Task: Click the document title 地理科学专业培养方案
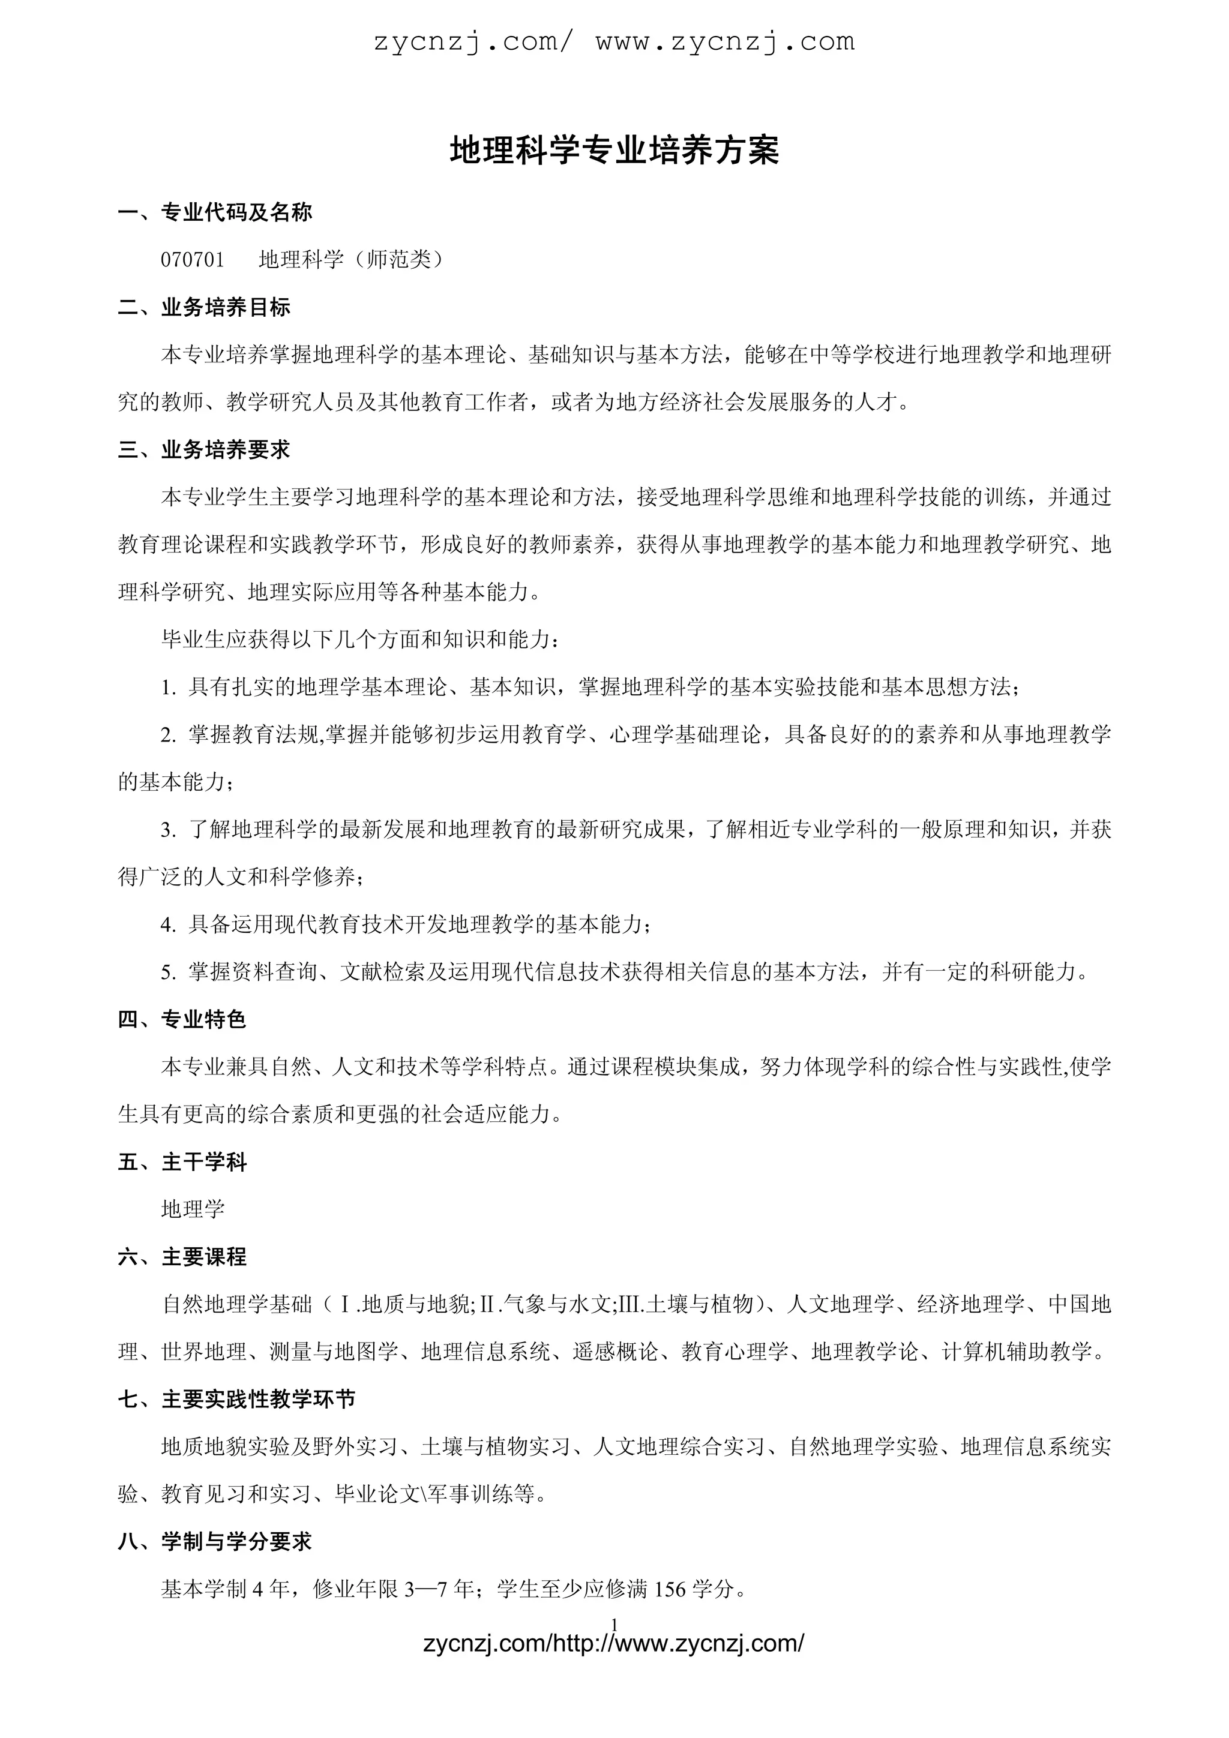point(614,151)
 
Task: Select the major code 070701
point(193,260)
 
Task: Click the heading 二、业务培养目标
point(205,307)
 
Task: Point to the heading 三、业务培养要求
point(205,449)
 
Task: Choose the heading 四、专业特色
point(182,1020)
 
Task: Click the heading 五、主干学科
point(182,1162)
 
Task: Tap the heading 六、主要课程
point(182,1257)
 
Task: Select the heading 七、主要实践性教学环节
point(237,1400)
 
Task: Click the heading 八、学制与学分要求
point(215,1542)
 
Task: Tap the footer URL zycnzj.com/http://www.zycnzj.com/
point(614,1645)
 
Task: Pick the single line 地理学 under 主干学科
point(193,1209)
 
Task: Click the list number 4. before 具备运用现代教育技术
point(168,925)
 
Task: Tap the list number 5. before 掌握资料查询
point(168,972)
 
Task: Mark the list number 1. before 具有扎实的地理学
point(168,688)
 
